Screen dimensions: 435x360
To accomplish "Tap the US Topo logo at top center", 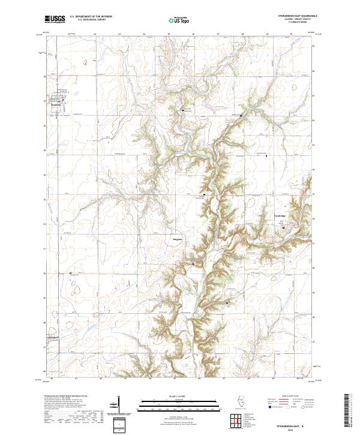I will point(179,20).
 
